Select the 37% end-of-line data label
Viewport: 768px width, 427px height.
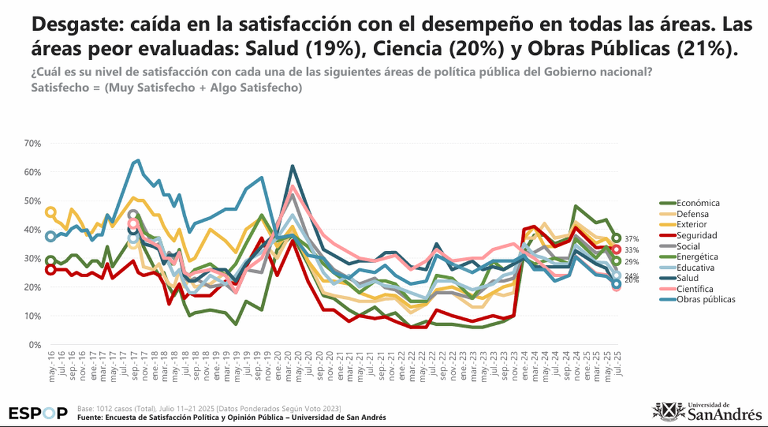(x=632, y=239)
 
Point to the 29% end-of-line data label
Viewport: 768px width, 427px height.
(x=632, y=262)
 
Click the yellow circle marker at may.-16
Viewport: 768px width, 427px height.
(x=51, y=212)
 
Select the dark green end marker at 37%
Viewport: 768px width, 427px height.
(x=616, y=238)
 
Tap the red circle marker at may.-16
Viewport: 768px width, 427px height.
(x=51, y=270)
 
